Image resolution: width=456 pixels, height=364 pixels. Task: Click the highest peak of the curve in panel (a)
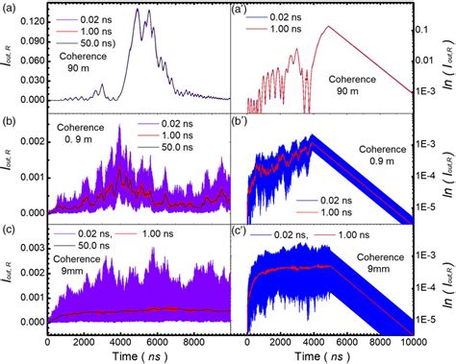click(136, 10)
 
